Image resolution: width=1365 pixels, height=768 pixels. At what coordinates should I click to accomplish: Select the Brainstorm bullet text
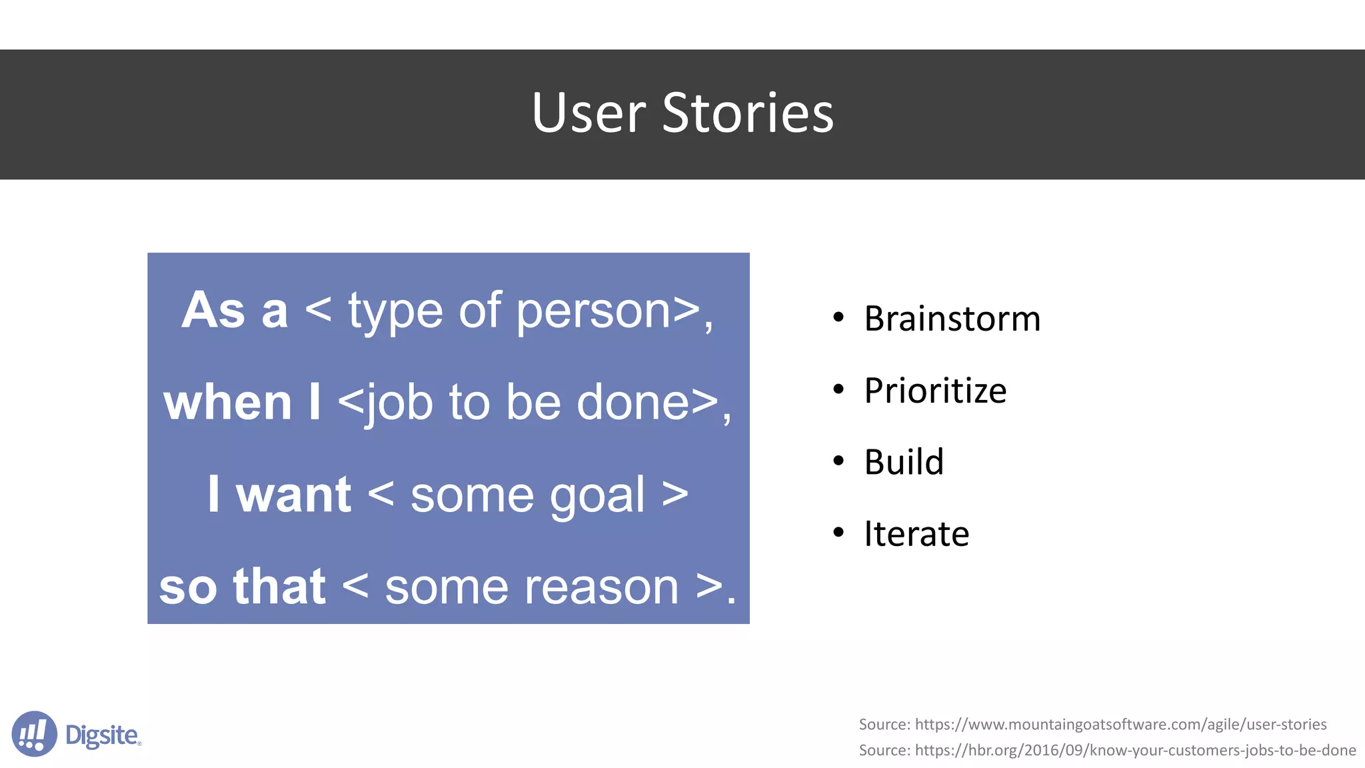pos(952,319)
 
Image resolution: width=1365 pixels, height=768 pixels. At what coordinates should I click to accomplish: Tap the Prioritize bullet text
pos(934,391)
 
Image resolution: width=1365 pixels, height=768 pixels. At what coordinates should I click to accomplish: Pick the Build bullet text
pos(903,462)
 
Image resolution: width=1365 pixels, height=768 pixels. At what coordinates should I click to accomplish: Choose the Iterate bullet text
pos(916,534)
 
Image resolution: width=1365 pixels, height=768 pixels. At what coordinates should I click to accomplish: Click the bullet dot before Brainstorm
pos(838,317)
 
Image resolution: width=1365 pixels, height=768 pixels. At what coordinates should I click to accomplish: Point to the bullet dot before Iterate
pos(838,533)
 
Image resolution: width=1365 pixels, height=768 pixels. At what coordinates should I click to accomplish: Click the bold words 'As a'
pos(235,311)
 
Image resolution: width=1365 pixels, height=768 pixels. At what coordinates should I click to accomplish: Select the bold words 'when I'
pos(242,403)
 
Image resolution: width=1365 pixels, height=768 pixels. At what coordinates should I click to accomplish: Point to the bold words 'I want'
pos(279,495)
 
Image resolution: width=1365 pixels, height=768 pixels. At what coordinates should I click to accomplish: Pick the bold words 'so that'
pos(242,587)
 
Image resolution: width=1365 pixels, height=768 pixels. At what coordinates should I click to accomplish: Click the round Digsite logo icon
pos(34,734)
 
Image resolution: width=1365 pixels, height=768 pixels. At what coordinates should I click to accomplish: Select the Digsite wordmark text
pos(103,735)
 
